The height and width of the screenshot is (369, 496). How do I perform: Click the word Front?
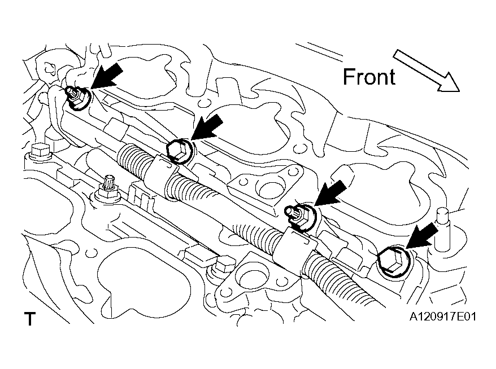click(x=369, y=77)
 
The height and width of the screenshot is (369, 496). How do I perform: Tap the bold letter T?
click(x=30, y=319)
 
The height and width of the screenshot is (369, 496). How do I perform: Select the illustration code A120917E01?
click(x=442, y=316)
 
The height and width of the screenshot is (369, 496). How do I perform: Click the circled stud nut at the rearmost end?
click(x=78, y=98)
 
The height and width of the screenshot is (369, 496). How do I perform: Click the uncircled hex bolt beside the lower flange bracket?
click(x=223, y=265)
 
